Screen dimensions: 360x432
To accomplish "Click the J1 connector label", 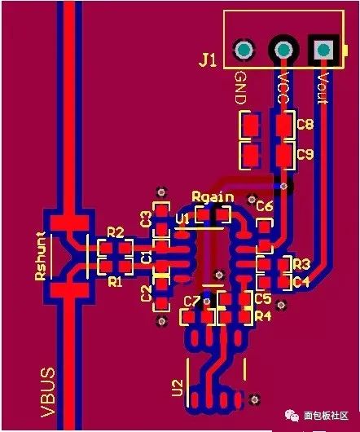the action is click(x=208, y=60).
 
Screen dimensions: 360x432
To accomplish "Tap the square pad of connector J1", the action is click(x=323, y=51).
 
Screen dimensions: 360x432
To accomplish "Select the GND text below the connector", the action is click(x=240, y=88).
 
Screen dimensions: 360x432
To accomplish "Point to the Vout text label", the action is click(x=323, y=89).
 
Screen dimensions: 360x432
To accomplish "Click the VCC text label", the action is click(x=283, y=87).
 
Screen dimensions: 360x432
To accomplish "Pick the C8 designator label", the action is click(x=305, y=124).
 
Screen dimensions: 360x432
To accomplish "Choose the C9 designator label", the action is click(x=305, y=154).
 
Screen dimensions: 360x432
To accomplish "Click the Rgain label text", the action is click(x=213, y=196).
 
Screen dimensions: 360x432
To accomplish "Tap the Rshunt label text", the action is click(x=41, y=256).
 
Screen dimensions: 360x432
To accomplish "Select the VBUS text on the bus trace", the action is click(x=48, y=392).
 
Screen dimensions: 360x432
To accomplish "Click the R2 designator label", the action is click(x=116, y=232).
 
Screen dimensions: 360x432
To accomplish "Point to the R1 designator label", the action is click(x=115, y=281).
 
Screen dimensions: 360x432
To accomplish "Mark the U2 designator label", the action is click(x=178, y=388).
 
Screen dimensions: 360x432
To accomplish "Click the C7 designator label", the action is click(x=191, y=302).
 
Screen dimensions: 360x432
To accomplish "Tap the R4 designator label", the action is click(x=263, y=316).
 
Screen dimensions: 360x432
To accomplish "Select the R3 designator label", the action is click(x=301, y=264).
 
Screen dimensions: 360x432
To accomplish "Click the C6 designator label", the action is click(x=264, y=206).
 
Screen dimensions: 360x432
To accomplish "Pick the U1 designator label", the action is click(x=182, y=219).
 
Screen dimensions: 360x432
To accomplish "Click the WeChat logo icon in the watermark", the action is click(x=292, y=416).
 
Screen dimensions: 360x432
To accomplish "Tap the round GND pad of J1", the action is click(x=244, y=51).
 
